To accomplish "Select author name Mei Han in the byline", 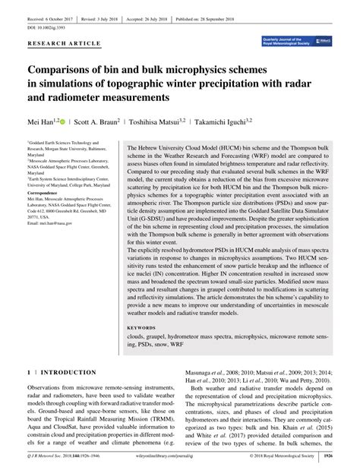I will point(41,120).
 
